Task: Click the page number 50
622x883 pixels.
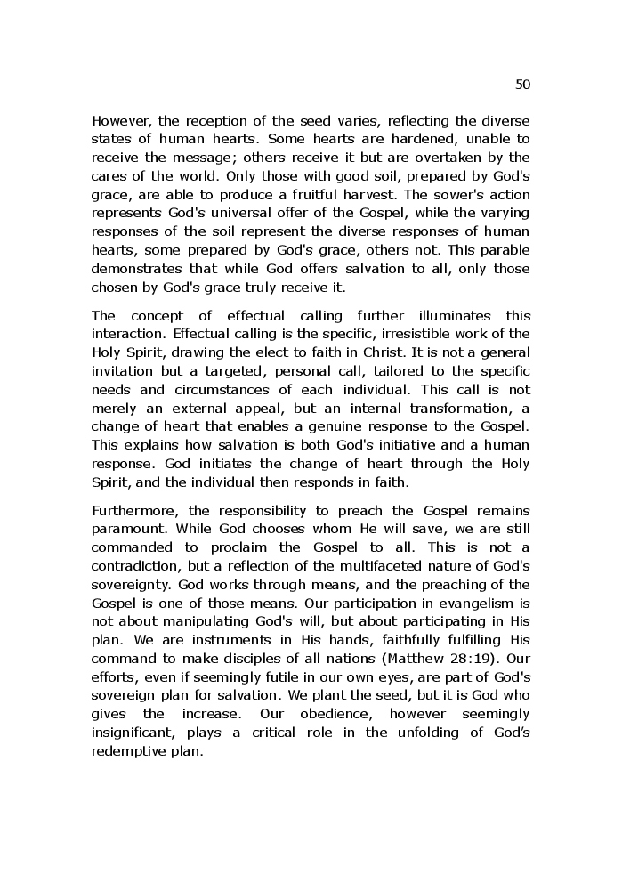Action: click(x=522, y=85)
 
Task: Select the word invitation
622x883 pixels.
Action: click(x=124, y=370)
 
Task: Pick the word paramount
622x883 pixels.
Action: click(x=125, y=529)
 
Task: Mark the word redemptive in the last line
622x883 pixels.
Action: click(x=131, y=751)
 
